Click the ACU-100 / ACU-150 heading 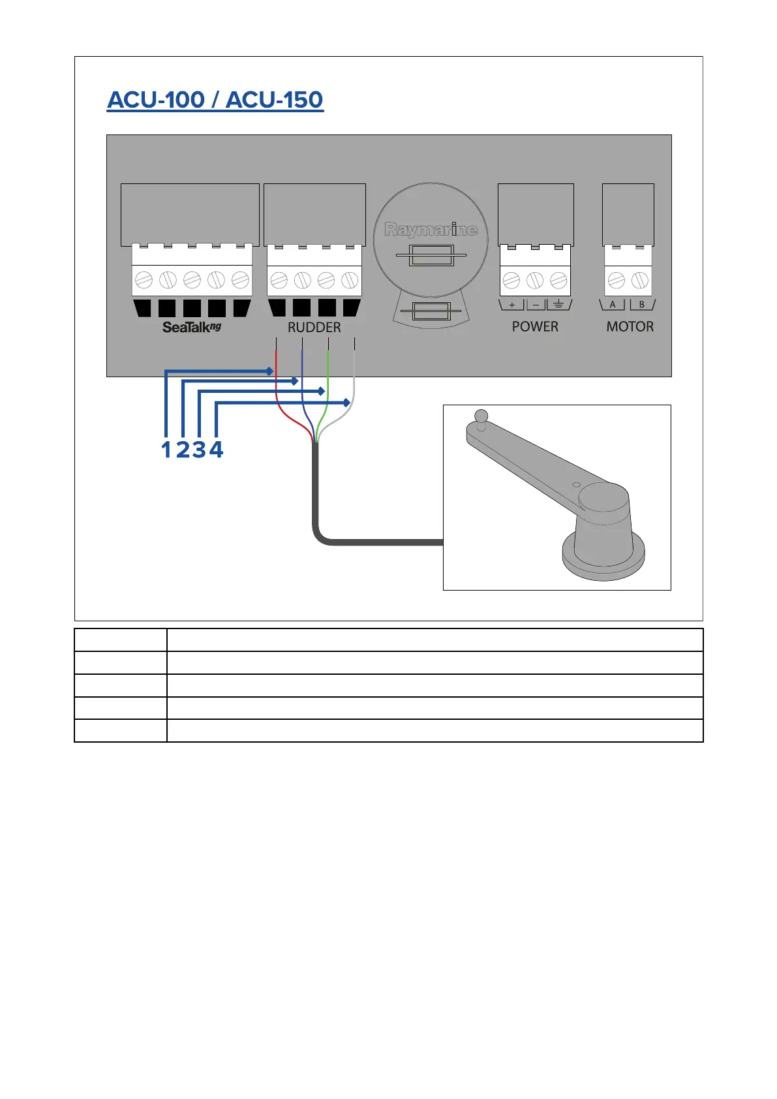(x=215, y=100)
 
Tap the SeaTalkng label (x=192, y=327)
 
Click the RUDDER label (x=314, y=327)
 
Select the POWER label (x=535, y=326)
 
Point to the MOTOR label (x=630, y=326)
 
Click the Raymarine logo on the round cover (x=431, y=229)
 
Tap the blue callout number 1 (x=166, y=449)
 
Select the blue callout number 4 (x=216, y=449)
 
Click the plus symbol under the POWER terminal (x=512, y=305)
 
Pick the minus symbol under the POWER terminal (x=536, y=305)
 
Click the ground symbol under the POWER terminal (x=558, y=305)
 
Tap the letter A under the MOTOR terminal (x=613, y=305)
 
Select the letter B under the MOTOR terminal (x=641, y=305)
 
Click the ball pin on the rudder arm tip (x=481, y=415)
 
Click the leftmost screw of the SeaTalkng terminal (x=144, y=281)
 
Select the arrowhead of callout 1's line (x=269, y=371)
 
